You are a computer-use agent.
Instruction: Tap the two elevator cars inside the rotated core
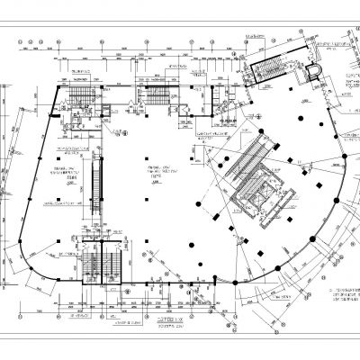[x=260, y=194]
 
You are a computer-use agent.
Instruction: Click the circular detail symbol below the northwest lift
[x=118, y=131]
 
